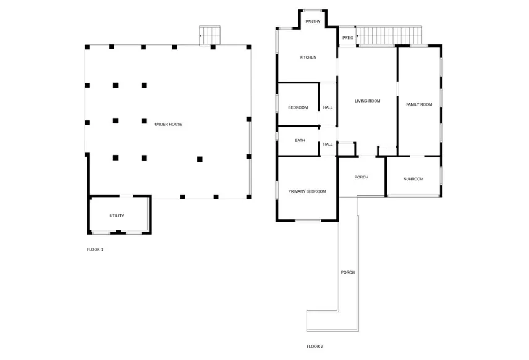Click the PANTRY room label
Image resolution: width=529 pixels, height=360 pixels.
pyautogui.click(x=313, y=22)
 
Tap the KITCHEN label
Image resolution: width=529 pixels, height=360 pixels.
pyautogui.click(x=308, y=57)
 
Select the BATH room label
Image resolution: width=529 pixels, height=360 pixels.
pyautogui.click(x=300, y=141)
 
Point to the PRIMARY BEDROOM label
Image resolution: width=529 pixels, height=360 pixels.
pyautogui.click(x=307, y=191)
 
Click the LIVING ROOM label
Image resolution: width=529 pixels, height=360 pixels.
pyautogui.click(x=367, y=101)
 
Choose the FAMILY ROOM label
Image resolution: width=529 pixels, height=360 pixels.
pyautogui.click(x=419, y=104)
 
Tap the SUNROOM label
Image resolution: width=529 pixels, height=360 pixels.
pyautogui.click(x=413, y=179)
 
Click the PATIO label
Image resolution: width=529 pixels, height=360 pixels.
pyautogui.click(x=348, y=38)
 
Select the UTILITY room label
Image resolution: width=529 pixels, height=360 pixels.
pyautogui.click(x=117, y=216)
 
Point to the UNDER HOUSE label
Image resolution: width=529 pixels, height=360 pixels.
pyautogui.click(x=169, y=125)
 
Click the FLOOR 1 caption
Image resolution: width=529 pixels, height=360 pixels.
pyautogui.click(x=95, y=249)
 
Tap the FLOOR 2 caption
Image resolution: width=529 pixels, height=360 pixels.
pyautogui.click(x=315, y=346)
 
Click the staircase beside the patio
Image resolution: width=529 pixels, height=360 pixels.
pyautogui.click(x=389, y=36)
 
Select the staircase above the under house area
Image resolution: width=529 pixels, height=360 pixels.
pyautogui.click(x=210, y=35)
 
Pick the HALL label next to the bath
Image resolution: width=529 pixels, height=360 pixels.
pyautogui.click(x=328, y=144)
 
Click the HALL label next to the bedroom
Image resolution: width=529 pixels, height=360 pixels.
pyautogui.click(x=328, y=107)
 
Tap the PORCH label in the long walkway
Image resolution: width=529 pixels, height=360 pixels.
pyautogui.click(x=347, y=272)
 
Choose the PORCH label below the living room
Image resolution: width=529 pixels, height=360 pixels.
pyautogui.click(x=362, y=177)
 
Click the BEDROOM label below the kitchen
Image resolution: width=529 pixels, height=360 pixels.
pyautogui.click(x=298, y=107)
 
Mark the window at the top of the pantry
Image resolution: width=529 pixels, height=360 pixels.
pyautogui.click(x=313, y=10)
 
